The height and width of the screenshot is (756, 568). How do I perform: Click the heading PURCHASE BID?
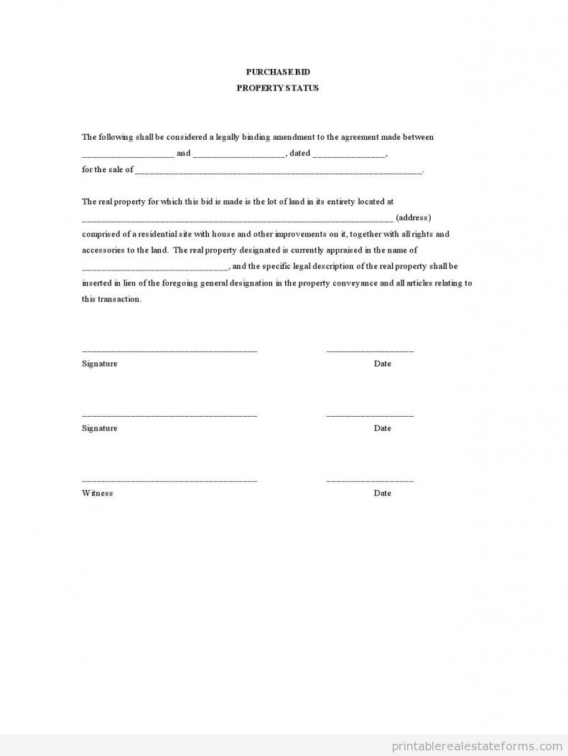278,72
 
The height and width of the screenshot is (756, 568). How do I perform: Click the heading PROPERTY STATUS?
278,88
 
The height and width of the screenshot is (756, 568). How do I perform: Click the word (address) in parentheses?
414,218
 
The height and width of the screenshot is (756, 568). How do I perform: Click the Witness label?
97,493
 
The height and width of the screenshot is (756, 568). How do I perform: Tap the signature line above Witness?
169,480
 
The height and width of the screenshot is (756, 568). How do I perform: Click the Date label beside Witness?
382,493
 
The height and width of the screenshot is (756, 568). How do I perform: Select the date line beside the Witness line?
370,480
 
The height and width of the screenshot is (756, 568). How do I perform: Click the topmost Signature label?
99,364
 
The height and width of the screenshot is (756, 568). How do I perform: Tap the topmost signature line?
169,351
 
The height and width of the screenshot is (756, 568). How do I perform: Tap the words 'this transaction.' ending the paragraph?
111,300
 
